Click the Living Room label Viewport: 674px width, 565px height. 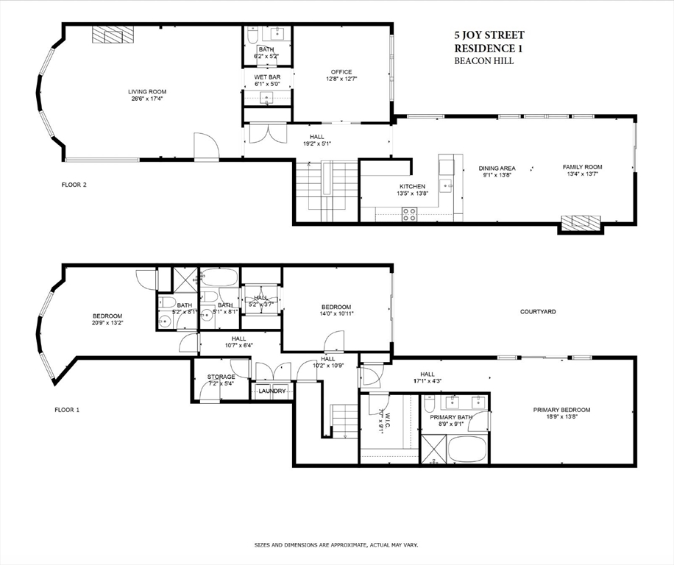click(146, 92)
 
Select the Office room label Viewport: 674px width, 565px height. click(341, 72)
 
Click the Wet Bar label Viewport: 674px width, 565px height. click(266, 77)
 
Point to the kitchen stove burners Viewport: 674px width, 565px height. click(409, 214)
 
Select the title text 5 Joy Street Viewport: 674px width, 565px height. click(489, 35)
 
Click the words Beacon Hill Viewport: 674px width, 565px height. click(483, 61)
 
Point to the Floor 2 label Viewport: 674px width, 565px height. click(74, 185)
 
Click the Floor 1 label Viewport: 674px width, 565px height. click(68, 409)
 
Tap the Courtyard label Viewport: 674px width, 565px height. click(538, 312)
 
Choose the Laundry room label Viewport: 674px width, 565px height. click(272, 391)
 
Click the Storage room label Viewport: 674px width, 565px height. click(221, 377)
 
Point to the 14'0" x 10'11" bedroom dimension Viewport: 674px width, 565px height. click(336, 314)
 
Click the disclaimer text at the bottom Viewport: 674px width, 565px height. click(336, 545)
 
